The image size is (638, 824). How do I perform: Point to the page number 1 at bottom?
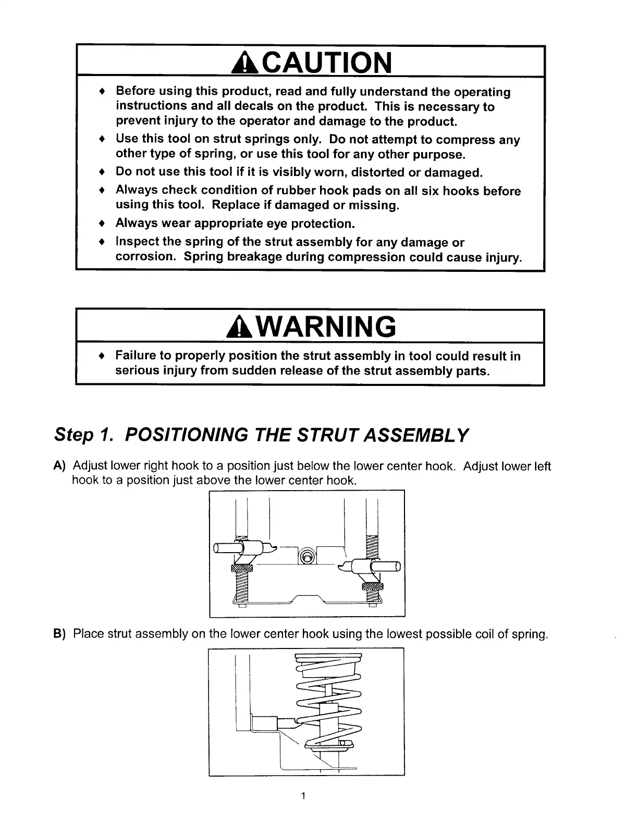(303, 795)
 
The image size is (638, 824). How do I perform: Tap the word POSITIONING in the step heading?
(185, 434)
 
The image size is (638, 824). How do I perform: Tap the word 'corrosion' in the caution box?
(145, 257)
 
